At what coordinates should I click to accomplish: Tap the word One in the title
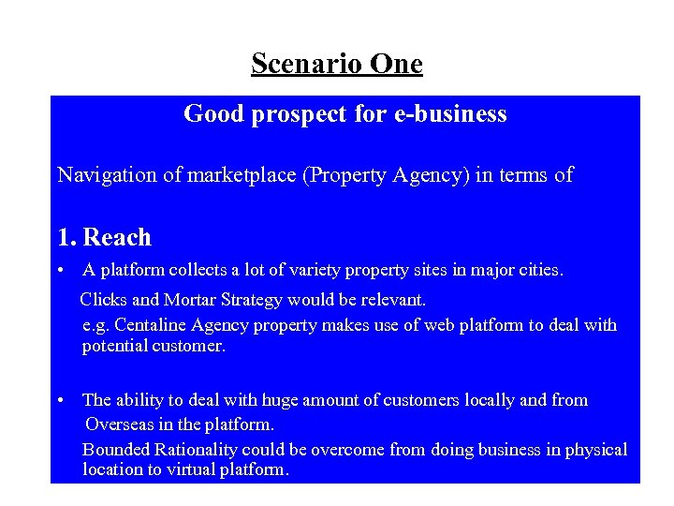tap(397, 64)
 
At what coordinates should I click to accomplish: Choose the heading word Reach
tap(117, 238)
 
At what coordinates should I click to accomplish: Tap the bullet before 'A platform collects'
tap(59, 271)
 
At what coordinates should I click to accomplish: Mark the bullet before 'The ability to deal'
tap(59, 400)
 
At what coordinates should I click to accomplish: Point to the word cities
tap(541, 271)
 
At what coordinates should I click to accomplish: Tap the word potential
tap(112, 346)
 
